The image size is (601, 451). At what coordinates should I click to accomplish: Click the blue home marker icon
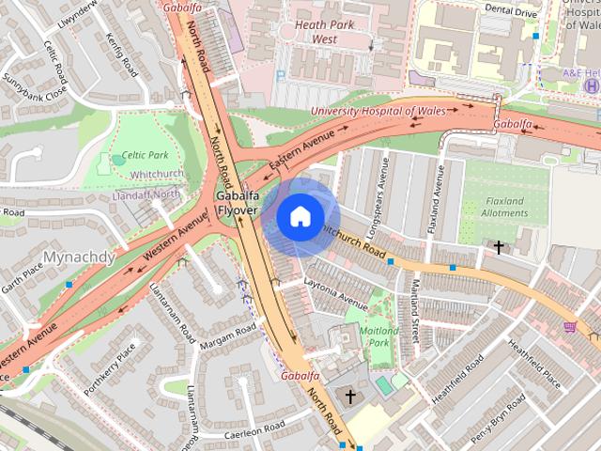299,216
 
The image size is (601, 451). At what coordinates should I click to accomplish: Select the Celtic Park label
145,155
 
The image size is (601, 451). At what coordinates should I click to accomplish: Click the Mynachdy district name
79,257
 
